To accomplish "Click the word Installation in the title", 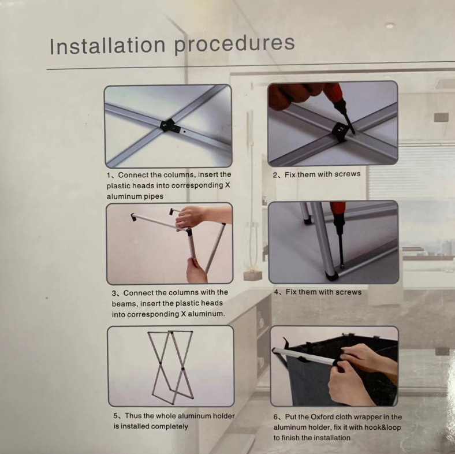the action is [107, 45].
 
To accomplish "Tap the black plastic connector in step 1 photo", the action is [167, 125].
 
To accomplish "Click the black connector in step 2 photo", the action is [340, 132].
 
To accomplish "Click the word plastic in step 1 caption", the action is [118, 185].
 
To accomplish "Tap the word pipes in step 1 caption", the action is [154, 196].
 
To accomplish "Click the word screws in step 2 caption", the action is [348, 174].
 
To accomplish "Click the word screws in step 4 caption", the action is [349, 292].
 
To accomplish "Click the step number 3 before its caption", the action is [114, 293].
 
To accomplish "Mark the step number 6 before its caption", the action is [275, 417].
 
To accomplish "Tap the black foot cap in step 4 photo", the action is [331, 275].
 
